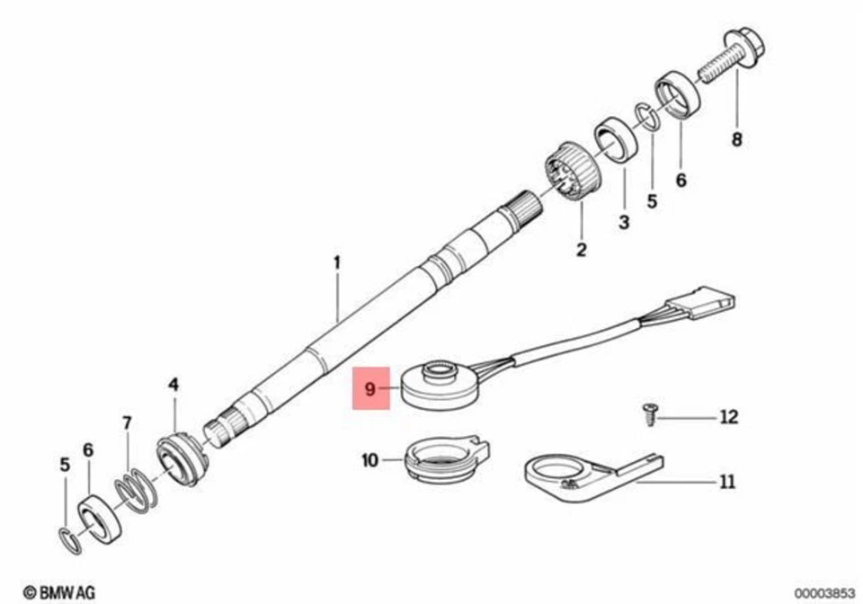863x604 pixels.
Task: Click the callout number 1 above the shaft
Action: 337,262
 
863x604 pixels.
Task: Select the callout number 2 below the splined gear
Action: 581,249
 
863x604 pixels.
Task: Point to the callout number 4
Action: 173,385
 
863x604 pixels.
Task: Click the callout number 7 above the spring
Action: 127,422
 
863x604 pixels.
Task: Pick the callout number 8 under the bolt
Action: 737,139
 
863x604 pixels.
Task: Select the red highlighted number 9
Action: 370,389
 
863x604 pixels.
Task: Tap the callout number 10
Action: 370,461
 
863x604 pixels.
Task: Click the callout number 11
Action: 725,482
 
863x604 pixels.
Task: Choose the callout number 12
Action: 728,417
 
